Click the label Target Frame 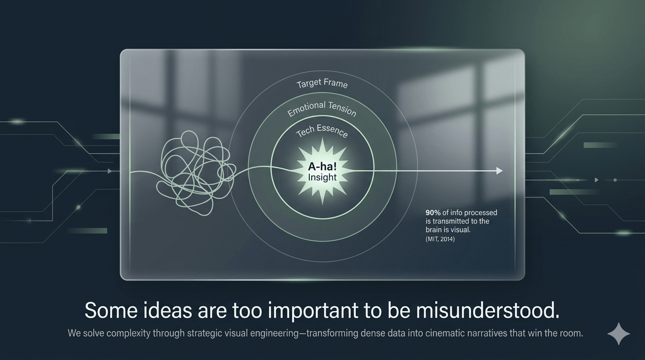point(322,84)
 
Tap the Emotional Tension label point(322,109)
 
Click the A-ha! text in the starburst point(322,167)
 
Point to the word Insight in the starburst point(322,178)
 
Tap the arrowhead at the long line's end point(499,171)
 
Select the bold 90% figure point(433,213)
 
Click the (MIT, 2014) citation point(440,239)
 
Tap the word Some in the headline point(107,311)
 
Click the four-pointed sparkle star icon point(619,334)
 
